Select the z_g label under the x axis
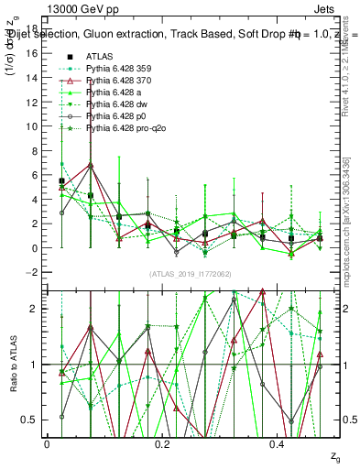tap(335, 455)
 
